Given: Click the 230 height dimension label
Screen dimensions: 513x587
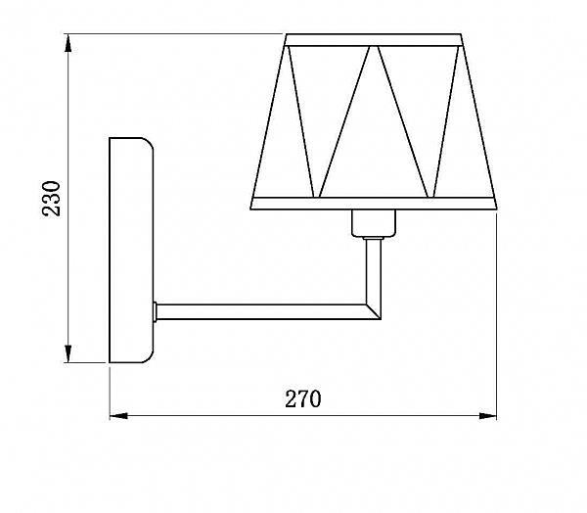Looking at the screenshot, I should click(52, 199).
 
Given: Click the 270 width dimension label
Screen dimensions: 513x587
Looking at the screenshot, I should click(303, 398).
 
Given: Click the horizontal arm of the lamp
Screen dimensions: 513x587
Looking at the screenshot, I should click(259, 311).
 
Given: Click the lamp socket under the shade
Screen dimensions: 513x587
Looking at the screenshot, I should click(372, 224).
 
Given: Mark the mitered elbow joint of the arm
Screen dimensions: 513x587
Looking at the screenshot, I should click(373, 310).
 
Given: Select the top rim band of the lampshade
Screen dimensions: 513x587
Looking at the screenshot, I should click(373, 40).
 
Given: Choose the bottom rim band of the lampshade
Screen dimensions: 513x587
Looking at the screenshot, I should click(375, 204).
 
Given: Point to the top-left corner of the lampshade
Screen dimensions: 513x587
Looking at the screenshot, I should click(286, 36).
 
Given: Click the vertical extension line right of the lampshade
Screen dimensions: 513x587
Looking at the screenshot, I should click(496, 313).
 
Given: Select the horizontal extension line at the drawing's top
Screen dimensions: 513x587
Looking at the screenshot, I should click(176, 35).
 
